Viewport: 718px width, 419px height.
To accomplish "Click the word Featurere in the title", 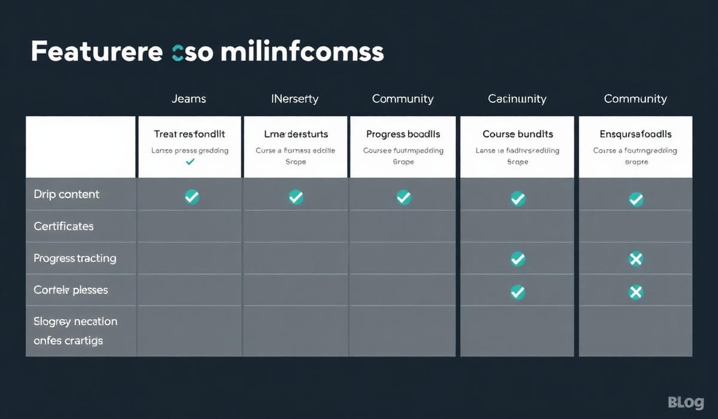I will [96, 52].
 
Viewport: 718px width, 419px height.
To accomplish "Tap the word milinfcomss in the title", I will [302, 52].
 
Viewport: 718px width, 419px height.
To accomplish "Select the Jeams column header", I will [188, 99].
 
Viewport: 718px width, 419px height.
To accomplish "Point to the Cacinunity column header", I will [518, 99].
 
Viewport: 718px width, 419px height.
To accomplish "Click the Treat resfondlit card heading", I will [190, 134].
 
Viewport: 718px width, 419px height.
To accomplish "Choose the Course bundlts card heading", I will [518, 134].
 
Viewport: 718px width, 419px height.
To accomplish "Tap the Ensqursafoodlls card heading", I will [635, 134].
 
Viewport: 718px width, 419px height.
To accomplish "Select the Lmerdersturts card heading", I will [296, 134].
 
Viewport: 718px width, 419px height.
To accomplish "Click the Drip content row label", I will [66, 195].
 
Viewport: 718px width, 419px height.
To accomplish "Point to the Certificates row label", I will [63, 226].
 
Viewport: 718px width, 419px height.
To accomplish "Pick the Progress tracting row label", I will [75, 259].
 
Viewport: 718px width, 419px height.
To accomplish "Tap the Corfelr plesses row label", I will [71, 290].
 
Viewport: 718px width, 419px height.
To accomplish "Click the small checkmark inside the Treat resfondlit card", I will [190, 162].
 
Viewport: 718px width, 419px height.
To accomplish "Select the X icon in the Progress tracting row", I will [635, 259].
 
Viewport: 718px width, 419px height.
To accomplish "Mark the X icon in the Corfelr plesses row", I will [635, 292].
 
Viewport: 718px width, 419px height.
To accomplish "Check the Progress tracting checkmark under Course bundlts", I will [518, 259].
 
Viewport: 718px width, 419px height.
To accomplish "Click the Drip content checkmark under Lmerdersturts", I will [296, 196].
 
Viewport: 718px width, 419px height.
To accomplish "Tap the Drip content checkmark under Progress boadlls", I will [404, 196].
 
